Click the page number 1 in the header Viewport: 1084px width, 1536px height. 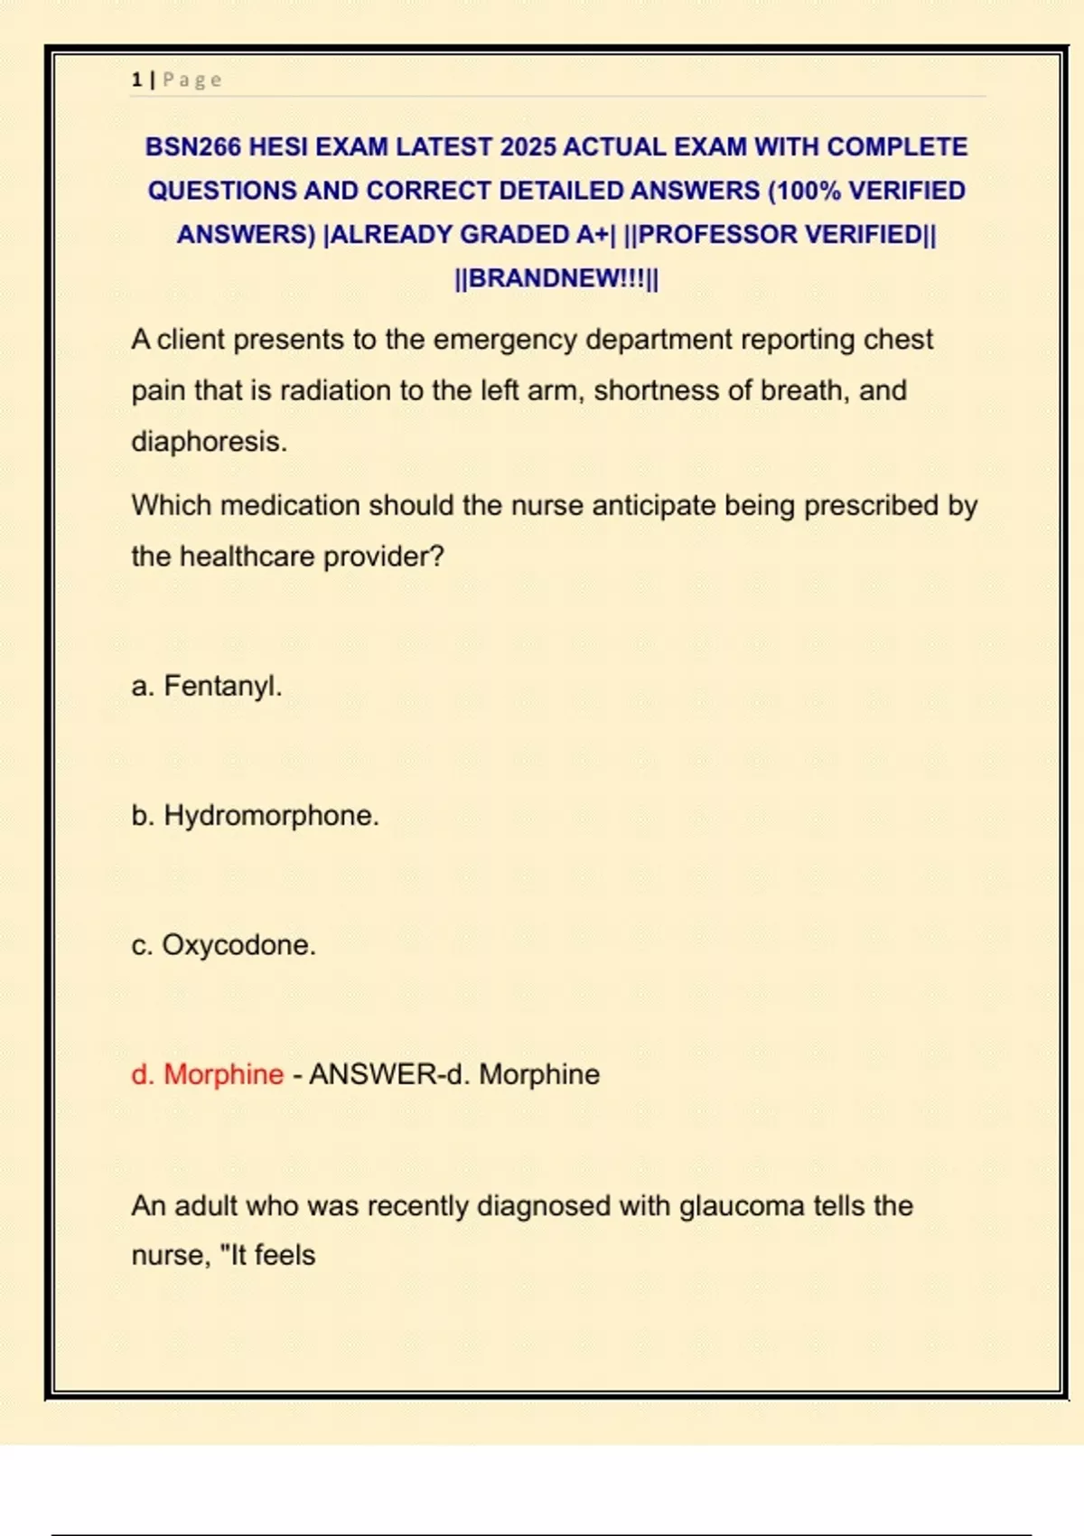click(136, 80)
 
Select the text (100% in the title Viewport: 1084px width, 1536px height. click(804, 191)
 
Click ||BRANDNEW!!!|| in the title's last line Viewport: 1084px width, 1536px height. click(556, 278)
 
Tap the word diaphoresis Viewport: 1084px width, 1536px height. click(209, 442)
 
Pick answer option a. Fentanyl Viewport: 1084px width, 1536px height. click(207, 686)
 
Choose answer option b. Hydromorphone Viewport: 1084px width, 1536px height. click(255, 815)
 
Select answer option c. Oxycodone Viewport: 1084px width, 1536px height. click(223, 945)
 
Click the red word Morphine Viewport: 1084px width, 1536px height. click(223, 1074)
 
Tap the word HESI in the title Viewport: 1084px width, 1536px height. click(277, 147)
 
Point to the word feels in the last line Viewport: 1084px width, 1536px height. click(285, 1255)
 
